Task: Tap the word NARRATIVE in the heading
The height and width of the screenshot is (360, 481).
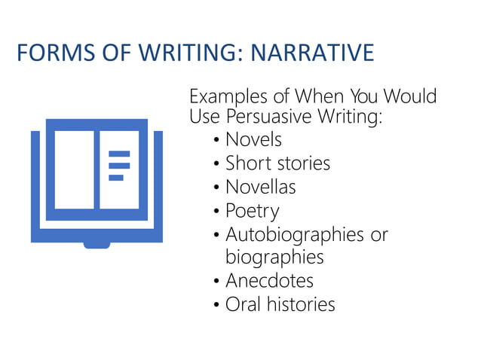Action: [x=312, y=53]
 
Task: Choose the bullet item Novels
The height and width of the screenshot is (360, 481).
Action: [x=253, y=139]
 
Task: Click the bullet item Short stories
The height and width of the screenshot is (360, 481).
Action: [x=277, y=163]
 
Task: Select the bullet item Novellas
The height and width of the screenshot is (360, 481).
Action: [x=261, y=186]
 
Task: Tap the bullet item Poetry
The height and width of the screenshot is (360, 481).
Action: [x=252, y=210]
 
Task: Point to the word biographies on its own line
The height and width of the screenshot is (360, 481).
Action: [x=274, y=257]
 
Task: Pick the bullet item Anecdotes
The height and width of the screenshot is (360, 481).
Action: [x=269, y=281]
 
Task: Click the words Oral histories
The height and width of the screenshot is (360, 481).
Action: [x=280, y=304]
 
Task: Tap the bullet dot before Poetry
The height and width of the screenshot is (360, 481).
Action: [x=217, y=211]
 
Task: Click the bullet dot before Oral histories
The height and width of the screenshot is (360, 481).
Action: [x=217, y=305]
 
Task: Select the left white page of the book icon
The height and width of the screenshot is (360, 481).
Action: [x=74, y=170]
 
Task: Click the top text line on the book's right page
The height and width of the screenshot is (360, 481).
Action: [x=119, y=154]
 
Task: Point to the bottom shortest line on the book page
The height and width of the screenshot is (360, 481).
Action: [x=116, y=178]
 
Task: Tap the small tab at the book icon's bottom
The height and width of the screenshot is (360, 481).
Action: [x=97, y=243]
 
